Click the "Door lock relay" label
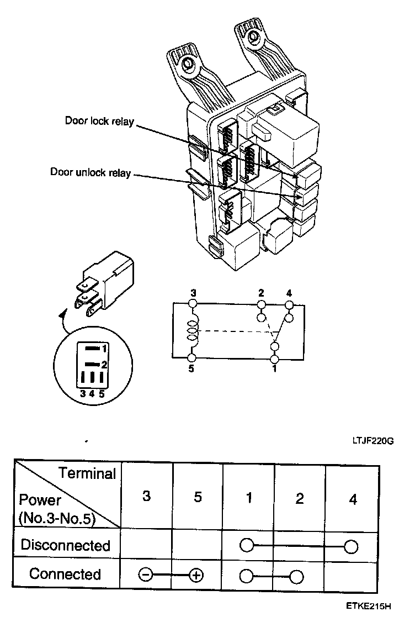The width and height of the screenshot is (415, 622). (99, 121)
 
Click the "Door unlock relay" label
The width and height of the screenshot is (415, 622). (91, 172)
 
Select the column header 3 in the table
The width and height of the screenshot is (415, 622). (146, 496)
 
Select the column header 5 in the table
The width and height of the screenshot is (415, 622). (198, 496)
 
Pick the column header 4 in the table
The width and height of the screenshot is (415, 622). (353, 499)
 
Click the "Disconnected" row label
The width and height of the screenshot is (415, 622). (65, 545)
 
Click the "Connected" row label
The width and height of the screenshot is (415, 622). (65, 574)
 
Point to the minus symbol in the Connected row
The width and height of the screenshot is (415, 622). (146, 575)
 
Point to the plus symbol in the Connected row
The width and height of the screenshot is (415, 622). (195, 575)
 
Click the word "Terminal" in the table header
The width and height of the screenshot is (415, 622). (88, 473)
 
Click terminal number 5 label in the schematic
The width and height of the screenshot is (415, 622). (191, 368)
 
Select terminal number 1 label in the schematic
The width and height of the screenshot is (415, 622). (274, 368)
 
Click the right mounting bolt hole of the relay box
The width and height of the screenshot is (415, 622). (254, 37)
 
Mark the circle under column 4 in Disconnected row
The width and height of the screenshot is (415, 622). (350, 546)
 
